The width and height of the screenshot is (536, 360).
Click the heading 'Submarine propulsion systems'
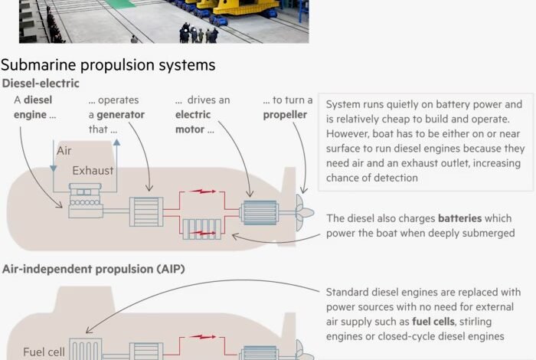108,65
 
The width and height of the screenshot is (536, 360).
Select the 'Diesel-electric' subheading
41,83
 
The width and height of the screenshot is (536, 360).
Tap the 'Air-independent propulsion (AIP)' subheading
93,269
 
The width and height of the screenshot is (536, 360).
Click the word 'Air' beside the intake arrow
64,150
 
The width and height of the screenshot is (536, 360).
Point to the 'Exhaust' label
93,170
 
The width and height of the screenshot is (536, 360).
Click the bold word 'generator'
120,115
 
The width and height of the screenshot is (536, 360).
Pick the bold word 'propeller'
285,115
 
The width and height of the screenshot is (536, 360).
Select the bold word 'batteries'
459,218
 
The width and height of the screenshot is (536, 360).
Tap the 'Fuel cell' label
44,352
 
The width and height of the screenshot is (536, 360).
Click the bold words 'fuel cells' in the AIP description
433,322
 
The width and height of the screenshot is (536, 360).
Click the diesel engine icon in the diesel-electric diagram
86,201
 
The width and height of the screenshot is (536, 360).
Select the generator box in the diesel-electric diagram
146,211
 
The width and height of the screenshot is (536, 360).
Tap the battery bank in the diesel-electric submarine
201,229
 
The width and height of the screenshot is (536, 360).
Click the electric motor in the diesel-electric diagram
260,212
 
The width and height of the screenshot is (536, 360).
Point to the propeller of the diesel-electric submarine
303,212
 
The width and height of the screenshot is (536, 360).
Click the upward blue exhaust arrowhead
116,142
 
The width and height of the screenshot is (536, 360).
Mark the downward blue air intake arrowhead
54,169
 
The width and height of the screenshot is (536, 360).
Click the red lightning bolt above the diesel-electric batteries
203,191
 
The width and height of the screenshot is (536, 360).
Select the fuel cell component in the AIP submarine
86,349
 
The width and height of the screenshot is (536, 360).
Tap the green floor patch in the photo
120,3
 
